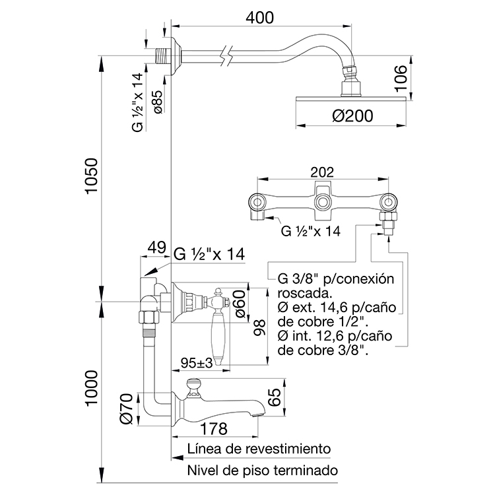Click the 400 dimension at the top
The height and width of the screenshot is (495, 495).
[x=260, y=18]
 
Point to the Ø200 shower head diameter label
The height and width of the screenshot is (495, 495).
[x=352, y=115]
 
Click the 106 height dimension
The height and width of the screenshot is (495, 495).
[x=401, y=78]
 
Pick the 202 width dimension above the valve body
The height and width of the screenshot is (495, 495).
[x=322, y=172]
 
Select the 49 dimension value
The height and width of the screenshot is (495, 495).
[x=156, y=247]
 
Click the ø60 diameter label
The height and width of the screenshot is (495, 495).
[x=240, y=304]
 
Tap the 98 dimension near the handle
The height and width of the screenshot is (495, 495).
[x=260, y=327]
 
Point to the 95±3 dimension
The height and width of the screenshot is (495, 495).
[x=197, y=363]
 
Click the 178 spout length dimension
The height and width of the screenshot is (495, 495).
[x=214, y=428]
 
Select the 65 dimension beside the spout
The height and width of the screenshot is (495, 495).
[x=275, y=397]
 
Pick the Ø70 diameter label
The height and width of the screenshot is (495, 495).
[x=127, y=409]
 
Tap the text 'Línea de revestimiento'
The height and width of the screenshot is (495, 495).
[x=259, y=449]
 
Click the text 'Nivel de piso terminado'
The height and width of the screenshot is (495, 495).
[x=263, y=471]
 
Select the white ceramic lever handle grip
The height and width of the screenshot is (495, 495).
[x=218, y=337]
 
